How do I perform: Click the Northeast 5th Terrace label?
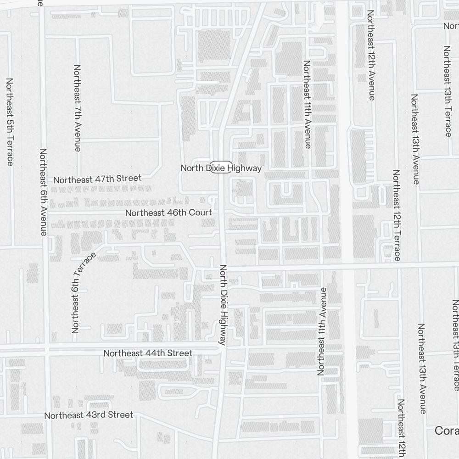click(x=10, y=122)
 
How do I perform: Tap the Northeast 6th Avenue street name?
click(x=43, y=192)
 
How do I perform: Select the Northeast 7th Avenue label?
click(x=77, y=108)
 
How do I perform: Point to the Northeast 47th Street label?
click(x=97, y=179)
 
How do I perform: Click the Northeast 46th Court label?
click(x=168, y=213)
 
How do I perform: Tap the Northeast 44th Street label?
click(x=148, y=353)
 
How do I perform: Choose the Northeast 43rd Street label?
click(x=89, y=415)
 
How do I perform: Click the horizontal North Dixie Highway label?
click(x=221, y=168)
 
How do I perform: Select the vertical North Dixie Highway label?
click(x=224, y=305)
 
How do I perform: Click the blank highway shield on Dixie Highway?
click(x=221, y=168)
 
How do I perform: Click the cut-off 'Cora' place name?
click(x=446, y=431)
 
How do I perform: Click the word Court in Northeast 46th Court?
click(x=202, y=213)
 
